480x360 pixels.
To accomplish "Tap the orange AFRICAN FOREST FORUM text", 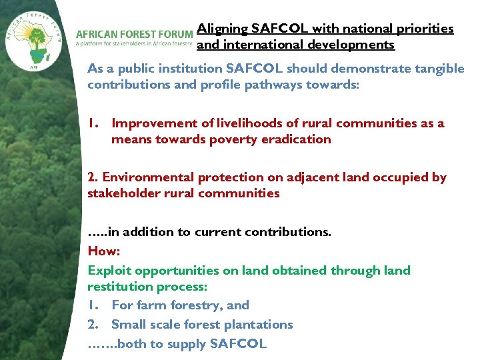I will (x=135, y=34).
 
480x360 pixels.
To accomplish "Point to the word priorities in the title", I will (x=426, y=29).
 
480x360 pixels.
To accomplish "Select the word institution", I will (x=190, y=69).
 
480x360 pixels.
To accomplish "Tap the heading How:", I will (x=103, y=251).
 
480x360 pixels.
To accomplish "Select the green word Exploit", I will (x=107, y=271).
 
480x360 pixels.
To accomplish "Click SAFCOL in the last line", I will (x=238, y=344).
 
